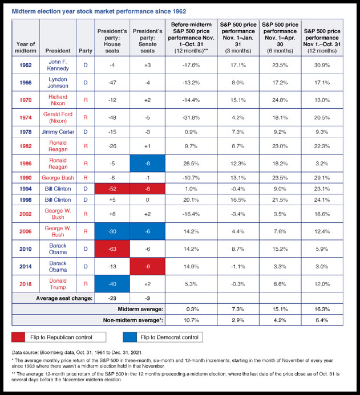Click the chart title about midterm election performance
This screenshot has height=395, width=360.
coord(99,11)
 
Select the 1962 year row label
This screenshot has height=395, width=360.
coord(26,65)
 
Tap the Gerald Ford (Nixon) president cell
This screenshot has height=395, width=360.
coord(58,117)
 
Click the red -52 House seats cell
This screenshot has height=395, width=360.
coord(112,189)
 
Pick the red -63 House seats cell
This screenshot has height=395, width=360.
coord(112,249)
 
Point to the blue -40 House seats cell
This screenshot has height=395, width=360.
coord(112,284)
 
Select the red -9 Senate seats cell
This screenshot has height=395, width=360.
coord(147,266)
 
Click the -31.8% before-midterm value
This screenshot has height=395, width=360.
coord(191,117)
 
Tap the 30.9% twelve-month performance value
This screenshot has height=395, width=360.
coord(322,65)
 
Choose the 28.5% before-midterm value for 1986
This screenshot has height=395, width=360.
coord(191,164)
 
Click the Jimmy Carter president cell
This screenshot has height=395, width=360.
coord(58,132)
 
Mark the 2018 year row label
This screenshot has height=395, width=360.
coord(26,284)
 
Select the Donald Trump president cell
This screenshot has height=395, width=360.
coord(58,284)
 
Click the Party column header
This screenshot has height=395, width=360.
coord(86,51)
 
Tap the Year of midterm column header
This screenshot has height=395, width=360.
coord(26,47)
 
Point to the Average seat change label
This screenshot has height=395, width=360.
coord(64,298)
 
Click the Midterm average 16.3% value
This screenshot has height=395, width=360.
coord(322,309)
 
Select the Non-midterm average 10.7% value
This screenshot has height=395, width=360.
coord(191,320)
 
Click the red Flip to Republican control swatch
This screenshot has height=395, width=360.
coord(18,337)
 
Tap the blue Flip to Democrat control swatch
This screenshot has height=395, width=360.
coord(130,337)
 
